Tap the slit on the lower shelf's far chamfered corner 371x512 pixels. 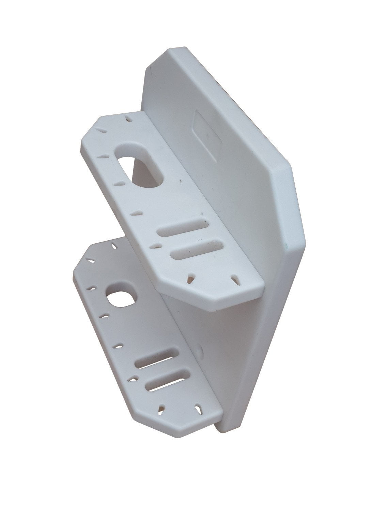point(91,261)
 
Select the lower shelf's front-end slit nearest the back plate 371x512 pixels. point(197,408)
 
